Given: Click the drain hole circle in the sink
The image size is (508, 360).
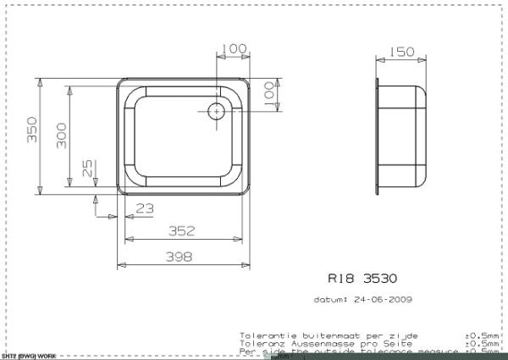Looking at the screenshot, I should (x=215, y=109).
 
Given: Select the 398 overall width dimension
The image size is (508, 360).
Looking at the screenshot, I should (x=179, y=256).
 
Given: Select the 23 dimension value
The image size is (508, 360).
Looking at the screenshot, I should (x=144, y=208).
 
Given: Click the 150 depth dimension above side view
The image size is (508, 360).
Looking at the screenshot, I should (x=402, y=53).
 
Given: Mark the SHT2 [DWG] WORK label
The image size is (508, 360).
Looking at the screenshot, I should (x=29, y=356).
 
